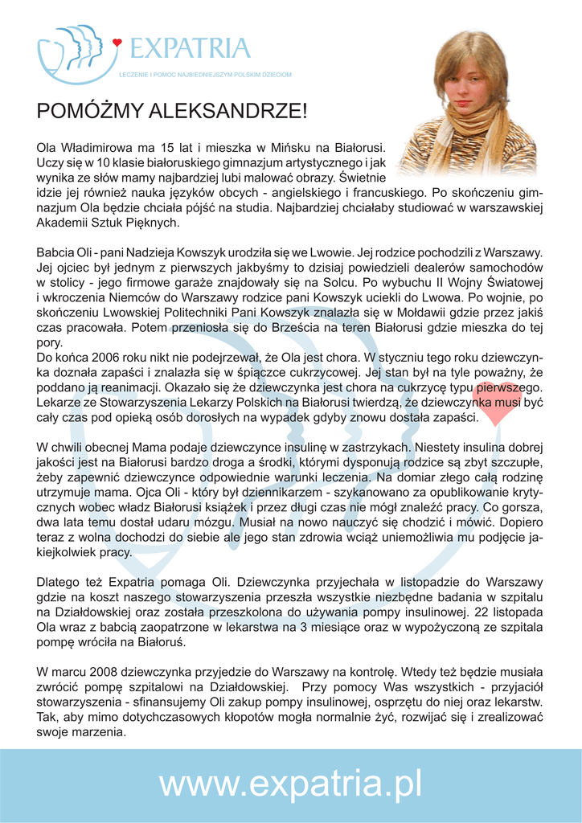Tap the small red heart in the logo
pyautogui.click(x=117, y=43)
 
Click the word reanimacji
pyautogui.click(x=131, y=386)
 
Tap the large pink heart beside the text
pyautogui.click(x=494, y=406)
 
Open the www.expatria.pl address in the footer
pyautogui.click(x=290, y=784)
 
